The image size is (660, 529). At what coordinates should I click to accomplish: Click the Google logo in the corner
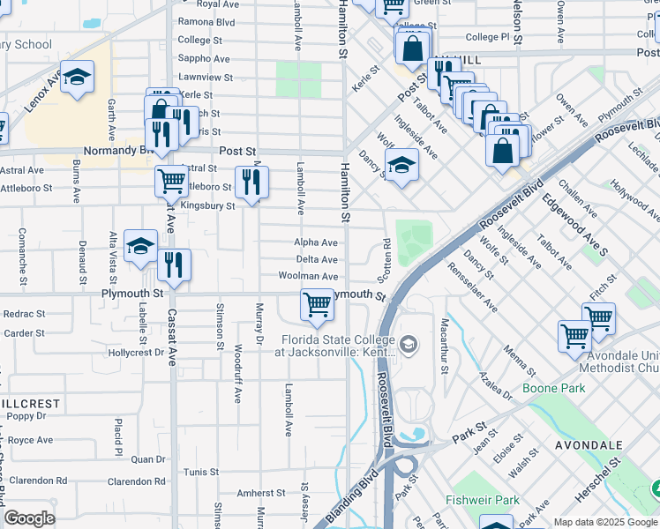tap(29, 518)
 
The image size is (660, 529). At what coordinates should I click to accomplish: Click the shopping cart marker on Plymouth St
tap(317, 305)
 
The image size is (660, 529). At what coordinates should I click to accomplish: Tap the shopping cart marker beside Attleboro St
tap(171, 181)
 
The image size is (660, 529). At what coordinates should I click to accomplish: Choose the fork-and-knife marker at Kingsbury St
tap(251, 182)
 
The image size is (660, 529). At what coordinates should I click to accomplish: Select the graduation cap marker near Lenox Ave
tap(78, 77)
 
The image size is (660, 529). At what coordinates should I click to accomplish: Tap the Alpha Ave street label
tap(317, 242)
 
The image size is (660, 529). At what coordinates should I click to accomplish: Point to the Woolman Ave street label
tap(308, 276)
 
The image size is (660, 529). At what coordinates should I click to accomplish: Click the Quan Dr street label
tap(147, 459)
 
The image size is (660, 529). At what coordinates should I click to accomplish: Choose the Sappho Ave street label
tap(204, 59)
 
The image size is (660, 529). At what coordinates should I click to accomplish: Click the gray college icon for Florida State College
tap(407, 343)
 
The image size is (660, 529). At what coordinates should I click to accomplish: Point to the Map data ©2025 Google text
tap(604, 522)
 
